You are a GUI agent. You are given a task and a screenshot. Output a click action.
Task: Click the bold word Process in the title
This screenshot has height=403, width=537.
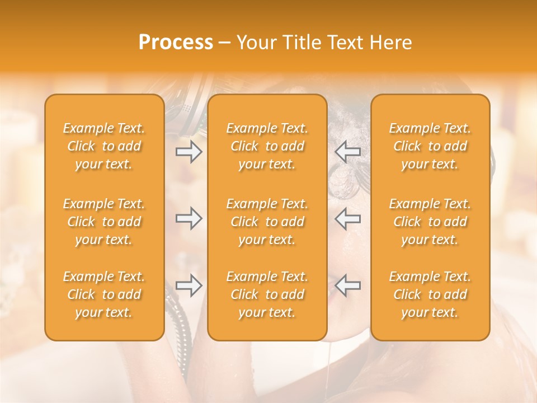(176, 43)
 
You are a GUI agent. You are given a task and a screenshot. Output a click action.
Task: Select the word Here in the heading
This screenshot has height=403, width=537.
(392, 43)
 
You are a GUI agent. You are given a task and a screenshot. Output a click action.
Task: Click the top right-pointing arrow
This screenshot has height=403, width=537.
(189, 152)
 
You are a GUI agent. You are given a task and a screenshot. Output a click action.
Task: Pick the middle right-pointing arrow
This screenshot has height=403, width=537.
(189, 218)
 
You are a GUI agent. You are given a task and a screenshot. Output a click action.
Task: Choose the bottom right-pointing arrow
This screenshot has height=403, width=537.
(189, 285)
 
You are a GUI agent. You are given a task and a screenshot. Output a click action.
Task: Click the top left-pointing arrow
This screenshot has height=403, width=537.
(347, 152)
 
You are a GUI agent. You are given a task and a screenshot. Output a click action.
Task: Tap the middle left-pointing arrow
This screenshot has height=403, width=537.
(347, 218)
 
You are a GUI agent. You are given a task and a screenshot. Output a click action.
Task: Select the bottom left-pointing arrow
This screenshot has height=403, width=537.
(347, 285)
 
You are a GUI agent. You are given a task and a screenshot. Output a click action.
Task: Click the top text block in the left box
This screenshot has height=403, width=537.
(104, 146)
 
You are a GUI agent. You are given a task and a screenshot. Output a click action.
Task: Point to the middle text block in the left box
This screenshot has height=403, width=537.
(104, 222)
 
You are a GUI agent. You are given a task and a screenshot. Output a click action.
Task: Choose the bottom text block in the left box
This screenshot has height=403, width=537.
(104, 294)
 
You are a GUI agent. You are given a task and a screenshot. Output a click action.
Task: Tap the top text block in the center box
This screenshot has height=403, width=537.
(267, 146)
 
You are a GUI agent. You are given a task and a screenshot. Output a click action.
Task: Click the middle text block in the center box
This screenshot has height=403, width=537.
(267, 222)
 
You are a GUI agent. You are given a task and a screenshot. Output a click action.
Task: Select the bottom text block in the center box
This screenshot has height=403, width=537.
(267, 294)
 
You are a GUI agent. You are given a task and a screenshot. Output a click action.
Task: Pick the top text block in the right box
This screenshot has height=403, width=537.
(430, 146)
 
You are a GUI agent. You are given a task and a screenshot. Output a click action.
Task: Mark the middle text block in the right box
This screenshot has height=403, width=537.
(430, 222)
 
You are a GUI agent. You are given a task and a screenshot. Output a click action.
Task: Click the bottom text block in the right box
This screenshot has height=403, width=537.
(430, 294)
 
